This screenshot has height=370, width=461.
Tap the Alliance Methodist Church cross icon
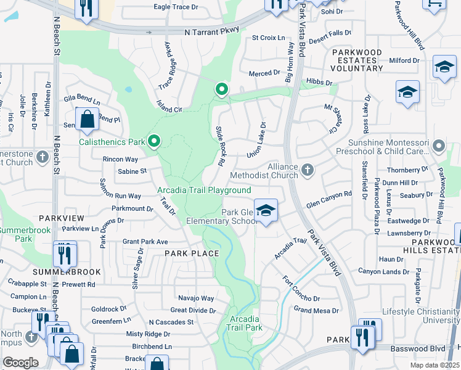[x=308, y=168]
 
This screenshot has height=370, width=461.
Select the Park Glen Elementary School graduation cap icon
[x=266, y=211]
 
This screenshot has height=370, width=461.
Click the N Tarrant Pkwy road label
[x=211, y=31]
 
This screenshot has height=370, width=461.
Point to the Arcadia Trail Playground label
[x=204, y=191]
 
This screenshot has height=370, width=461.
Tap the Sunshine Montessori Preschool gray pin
[x=439, y=146]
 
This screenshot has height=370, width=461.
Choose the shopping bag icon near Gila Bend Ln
[x=88, y=119]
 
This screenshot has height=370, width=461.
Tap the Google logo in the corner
[x=20, y=363]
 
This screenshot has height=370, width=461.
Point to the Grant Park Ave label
[x=145, y=242]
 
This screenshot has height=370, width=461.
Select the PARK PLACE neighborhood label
[x=191, y=253]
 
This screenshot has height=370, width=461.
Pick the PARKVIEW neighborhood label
[x=56, y=218]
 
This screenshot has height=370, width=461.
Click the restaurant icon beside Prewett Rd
[x=65, y=253]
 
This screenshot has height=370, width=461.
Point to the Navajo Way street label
[x=196, y=298]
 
